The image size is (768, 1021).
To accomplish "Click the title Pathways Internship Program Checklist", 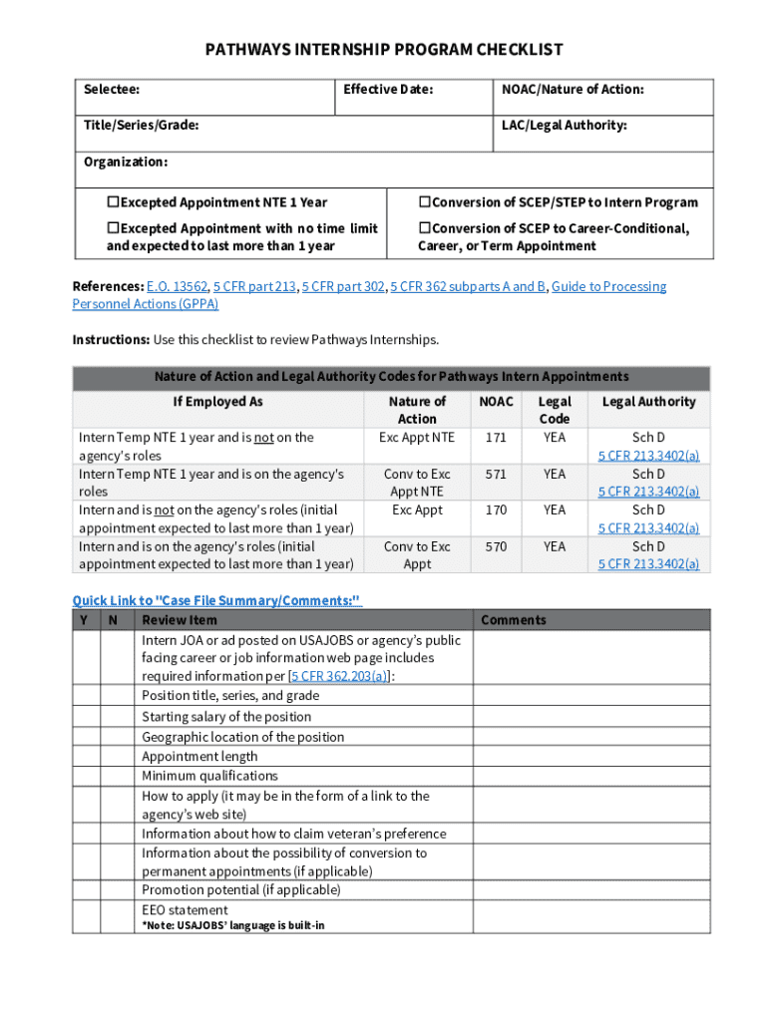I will coord(384,49).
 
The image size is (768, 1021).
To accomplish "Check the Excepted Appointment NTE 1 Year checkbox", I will coord(113,202).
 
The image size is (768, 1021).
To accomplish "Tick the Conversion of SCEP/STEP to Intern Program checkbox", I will coord(424,202).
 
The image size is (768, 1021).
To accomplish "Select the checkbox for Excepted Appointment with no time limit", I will coord(113,228).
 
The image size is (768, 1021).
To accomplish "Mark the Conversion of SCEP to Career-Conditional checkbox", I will coord(424,228).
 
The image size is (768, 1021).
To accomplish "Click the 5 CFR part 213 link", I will coord(255,287).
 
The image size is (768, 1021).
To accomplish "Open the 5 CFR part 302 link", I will coord(344,287).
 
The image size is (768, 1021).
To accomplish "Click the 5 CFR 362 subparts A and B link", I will coord(468,287).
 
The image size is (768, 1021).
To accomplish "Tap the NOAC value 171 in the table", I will coord(496,438).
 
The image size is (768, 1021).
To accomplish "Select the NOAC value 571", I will coord(496,475).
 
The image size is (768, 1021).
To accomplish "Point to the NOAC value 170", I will coord(496,510).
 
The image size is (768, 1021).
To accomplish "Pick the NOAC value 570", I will coord(496,546).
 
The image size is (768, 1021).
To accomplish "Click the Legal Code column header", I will coord(555,410).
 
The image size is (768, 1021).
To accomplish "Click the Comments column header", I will coord(514,620).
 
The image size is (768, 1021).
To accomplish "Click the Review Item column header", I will coord(180,620).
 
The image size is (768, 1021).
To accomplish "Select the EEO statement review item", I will coord(185,910).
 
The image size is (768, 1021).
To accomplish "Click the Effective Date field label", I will coord(388,90).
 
